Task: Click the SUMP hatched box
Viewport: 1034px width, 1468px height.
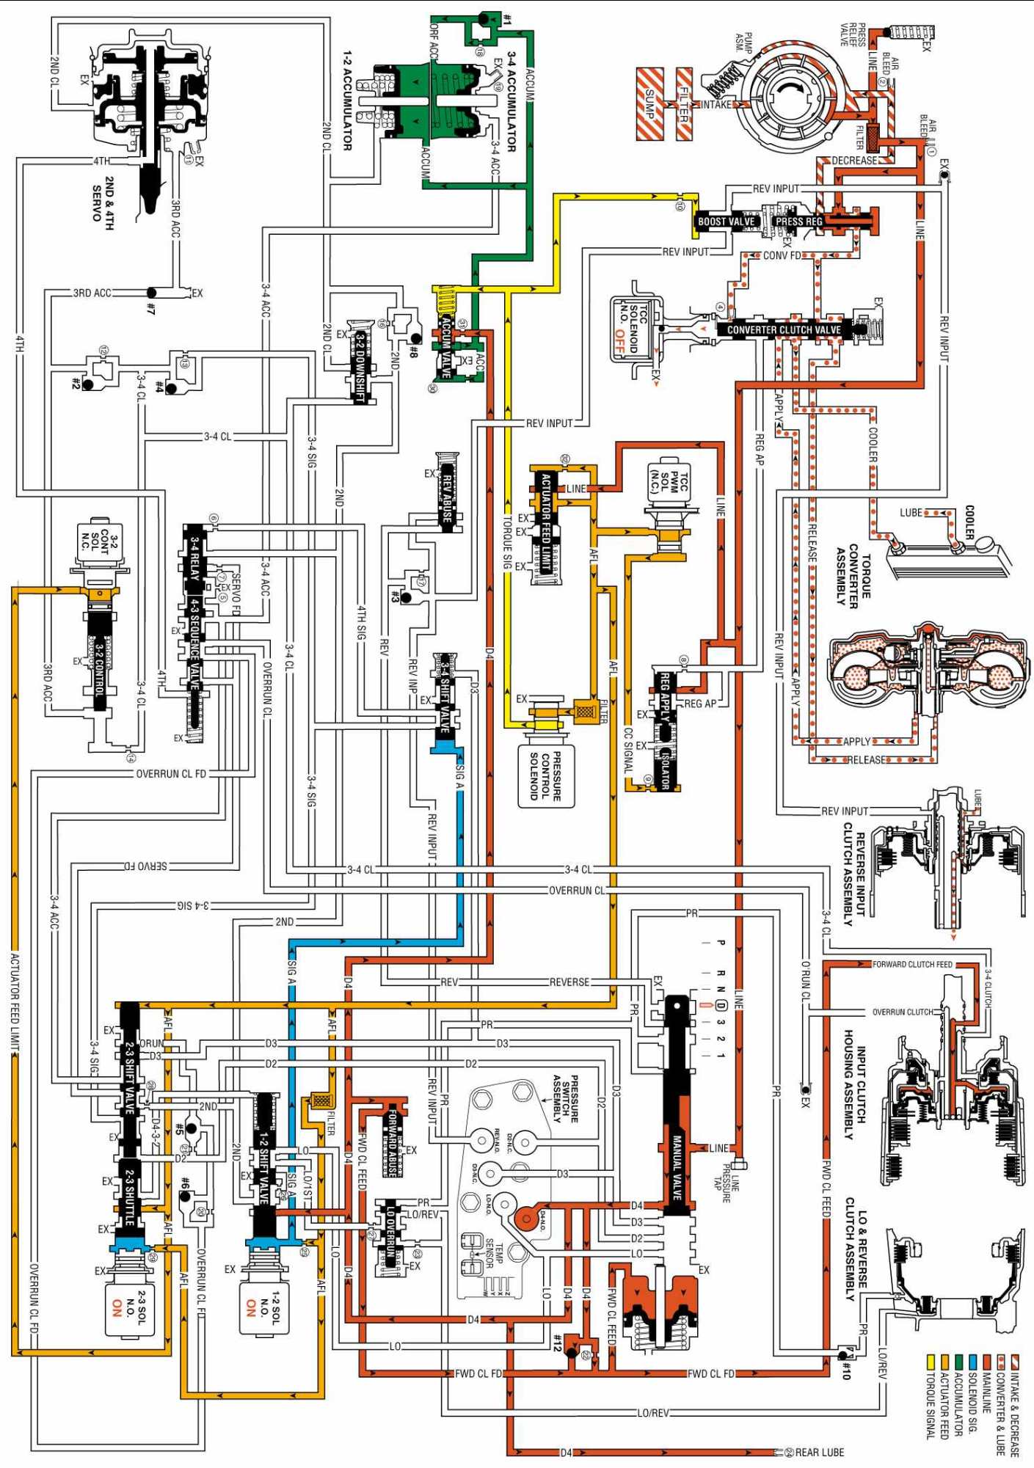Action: [649, 103]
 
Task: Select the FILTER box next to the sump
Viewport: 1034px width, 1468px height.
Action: [684, 103]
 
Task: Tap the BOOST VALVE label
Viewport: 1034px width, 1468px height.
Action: [726, 221]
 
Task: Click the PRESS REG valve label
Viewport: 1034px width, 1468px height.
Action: [799, 221]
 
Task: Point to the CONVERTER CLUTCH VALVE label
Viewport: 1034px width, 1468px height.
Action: [784, 329]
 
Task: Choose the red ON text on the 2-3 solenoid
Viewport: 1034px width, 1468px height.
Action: [117, 1308]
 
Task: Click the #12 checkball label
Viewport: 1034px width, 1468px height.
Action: [558, 1343]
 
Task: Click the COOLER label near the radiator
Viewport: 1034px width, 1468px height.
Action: [969, 522]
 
